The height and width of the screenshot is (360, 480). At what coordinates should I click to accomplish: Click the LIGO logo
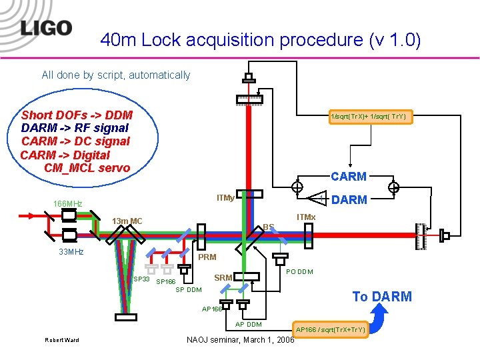(45, 28)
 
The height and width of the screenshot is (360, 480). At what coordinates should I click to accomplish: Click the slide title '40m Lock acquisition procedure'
(260, 41)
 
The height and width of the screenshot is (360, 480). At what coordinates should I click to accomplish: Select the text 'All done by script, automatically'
(116, 75)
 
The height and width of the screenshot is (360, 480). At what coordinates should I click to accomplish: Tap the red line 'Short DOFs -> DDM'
(77, 115)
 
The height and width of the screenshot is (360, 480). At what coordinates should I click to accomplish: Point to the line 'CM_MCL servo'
(87, 168)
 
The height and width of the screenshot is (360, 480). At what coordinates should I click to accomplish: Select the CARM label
(349, 177)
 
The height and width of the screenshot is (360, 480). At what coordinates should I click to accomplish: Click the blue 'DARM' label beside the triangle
(349, 199)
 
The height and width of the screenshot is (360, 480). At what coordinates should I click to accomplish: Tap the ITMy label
(225, 197)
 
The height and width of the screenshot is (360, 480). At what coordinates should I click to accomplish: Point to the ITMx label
(306, 217)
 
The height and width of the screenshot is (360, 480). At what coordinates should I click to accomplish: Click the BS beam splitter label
(268, 227)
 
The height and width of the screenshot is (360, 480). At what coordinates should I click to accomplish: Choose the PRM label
(207, 257)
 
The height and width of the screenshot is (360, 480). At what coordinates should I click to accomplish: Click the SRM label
(223, 277)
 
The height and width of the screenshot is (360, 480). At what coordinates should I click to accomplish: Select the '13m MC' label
(127, 221)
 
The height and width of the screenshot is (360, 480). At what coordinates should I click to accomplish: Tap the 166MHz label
(68, 203)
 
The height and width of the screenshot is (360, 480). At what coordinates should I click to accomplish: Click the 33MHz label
(71, 252)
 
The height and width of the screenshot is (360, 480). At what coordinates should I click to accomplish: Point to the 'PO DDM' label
(299, 271)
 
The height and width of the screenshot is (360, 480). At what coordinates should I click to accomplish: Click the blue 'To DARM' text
(382, 297)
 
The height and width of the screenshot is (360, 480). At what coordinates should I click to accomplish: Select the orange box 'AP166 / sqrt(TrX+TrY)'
(331, 329)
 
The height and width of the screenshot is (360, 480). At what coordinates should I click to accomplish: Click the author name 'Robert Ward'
(61, 340)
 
